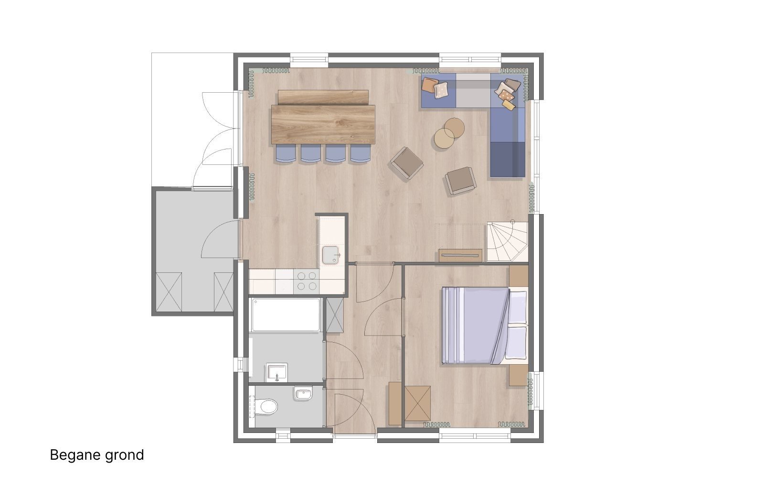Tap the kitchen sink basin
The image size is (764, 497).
pyautogui.click(x=330, y=255)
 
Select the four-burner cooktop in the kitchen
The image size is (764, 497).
pyautogui.click(x=306, y=281)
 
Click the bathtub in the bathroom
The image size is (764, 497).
pyautogui.click(x=286, y=315)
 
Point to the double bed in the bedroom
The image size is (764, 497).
pyautogui.click(x=484, y=325)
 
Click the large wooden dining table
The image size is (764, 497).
pyautogui.click(x=323, y=124)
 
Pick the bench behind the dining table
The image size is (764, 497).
pyautogui.click(x=323, y=97)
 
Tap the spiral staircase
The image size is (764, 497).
pyautogui.click(x=507, y=241)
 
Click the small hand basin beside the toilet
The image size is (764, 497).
pyautogui.click(x=303, y=393)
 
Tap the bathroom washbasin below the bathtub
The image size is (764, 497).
pyautogui.click(x=277, y=372)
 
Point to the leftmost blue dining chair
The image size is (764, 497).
pyautogui.click(x=286, y=153)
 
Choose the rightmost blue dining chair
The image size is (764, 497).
pyautogui.click(x=361, y=153)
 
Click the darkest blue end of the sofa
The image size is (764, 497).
pyautogui.click(x=508, y=160)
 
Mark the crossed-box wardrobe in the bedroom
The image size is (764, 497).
pyautogui.click(x=417, y=403)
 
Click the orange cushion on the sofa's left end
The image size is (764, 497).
pyautogui.click(x=429, y=85)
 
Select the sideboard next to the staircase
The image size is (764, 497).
pyautogui.click(x=460, y=255)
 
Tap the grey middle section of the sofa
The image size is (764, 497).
pyautogui.click(x=473, y=90)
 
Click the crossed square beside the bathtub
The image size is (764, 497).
pyautogui.click(x=335, y=315)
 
